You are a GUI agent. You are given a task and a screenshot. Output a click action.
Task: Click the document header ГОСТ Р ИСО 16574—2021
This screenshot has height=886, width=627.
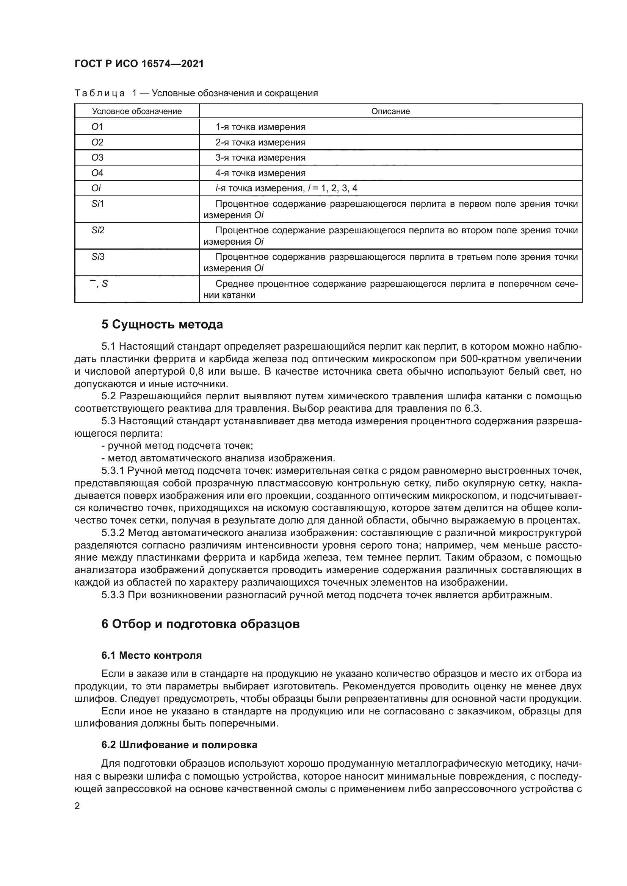pyautogui.click(x=139, y=64)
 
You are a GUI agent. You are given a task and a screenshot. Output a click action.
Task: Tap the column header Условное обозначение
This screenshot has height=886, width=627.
pyautogui.click(x=137, y=111)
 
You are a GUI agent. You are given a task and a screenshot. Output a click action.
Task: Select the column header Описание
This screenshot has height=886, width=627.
pyautogui.click(x=390, y=111)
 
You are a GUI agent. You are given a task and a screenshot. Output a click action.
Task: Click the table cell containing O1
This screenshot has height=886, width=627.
pyautogui.click(x=97, y=127)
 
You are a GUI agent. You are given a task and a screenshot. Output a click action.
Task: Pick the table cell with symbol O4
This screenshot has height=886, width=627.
pyautogui.click(x=97, y=173)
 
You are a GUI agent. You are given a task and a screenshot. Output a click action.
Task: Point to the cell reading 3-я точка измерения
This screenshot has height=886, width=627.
pyautogui.click(x=260, y=158)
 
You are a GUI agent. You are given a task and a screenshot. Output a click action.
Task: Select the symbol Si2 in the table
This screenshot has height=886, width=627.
pyautogui.click(x=98, y=230)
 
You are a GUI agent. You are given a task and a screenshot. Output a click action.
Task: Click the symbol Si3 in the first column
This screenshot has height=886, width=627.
pyautogui.click(x=98, y=257)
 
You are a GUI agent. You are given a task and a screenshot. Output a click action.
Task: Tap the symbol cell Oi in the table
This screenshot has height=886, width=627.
pyautogui.click(x=96, y=188)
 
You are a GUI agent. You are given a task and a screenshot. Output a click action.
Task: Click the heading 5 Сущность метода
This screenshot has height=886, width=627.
pyautogui.click(x=162, y=325)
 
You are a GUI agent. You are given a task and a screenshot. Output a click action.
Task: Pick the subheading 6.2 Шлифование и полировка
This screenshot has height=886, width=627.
pyautogui.click(x=179, y=745)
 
